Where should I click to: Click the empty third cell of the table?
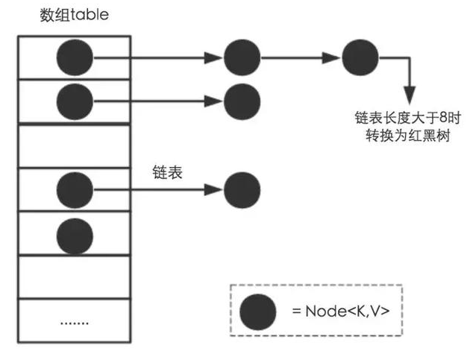pyautogui.click(x=74, y=146)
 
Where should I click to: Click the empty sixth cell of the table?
pyautogui.click(x=74, y=277)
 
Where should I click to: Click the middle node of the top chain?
pyautogui.click(x=242, y=57)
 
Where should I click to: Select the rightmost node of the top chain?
pyautogui.click(x=360, y=57)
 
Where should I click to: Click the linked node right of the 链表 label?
pyautogui.click(x=242, y=189)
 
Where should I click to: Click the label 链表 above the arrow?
pyautogui.click(x=166, y=171)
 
